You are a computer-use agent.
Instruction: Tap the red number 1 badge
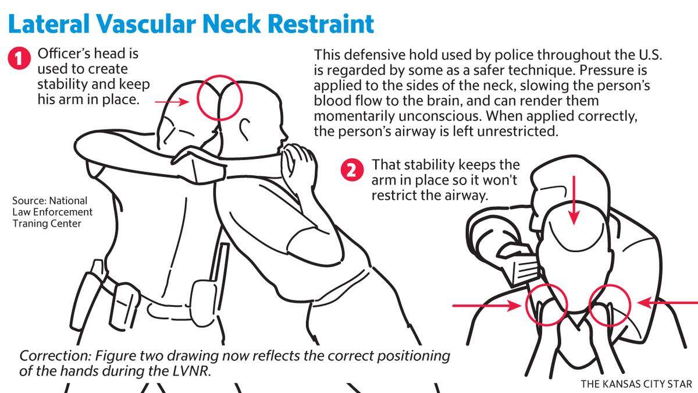pyautogui.click(x=19, y=58)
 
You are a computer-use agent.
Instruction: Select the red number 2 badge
pyautogui.click(x=352, y=170)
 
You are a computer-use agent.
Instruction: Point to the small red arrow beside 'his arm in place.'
pyautogui.click(x=172, y=102)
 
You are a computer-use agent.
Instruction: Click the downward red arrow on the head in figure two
pyautogui.click(x=574, y=200)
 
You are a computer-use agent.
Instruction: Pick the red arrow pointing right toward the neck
pyautogui.click(x=486, y=306)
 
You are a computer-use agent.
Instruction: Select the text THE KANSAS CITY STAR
pyautogui.click(x=636, y=384)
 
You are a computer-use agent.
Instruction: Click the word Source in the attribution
pyautogui.click(x=29, y=200)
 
